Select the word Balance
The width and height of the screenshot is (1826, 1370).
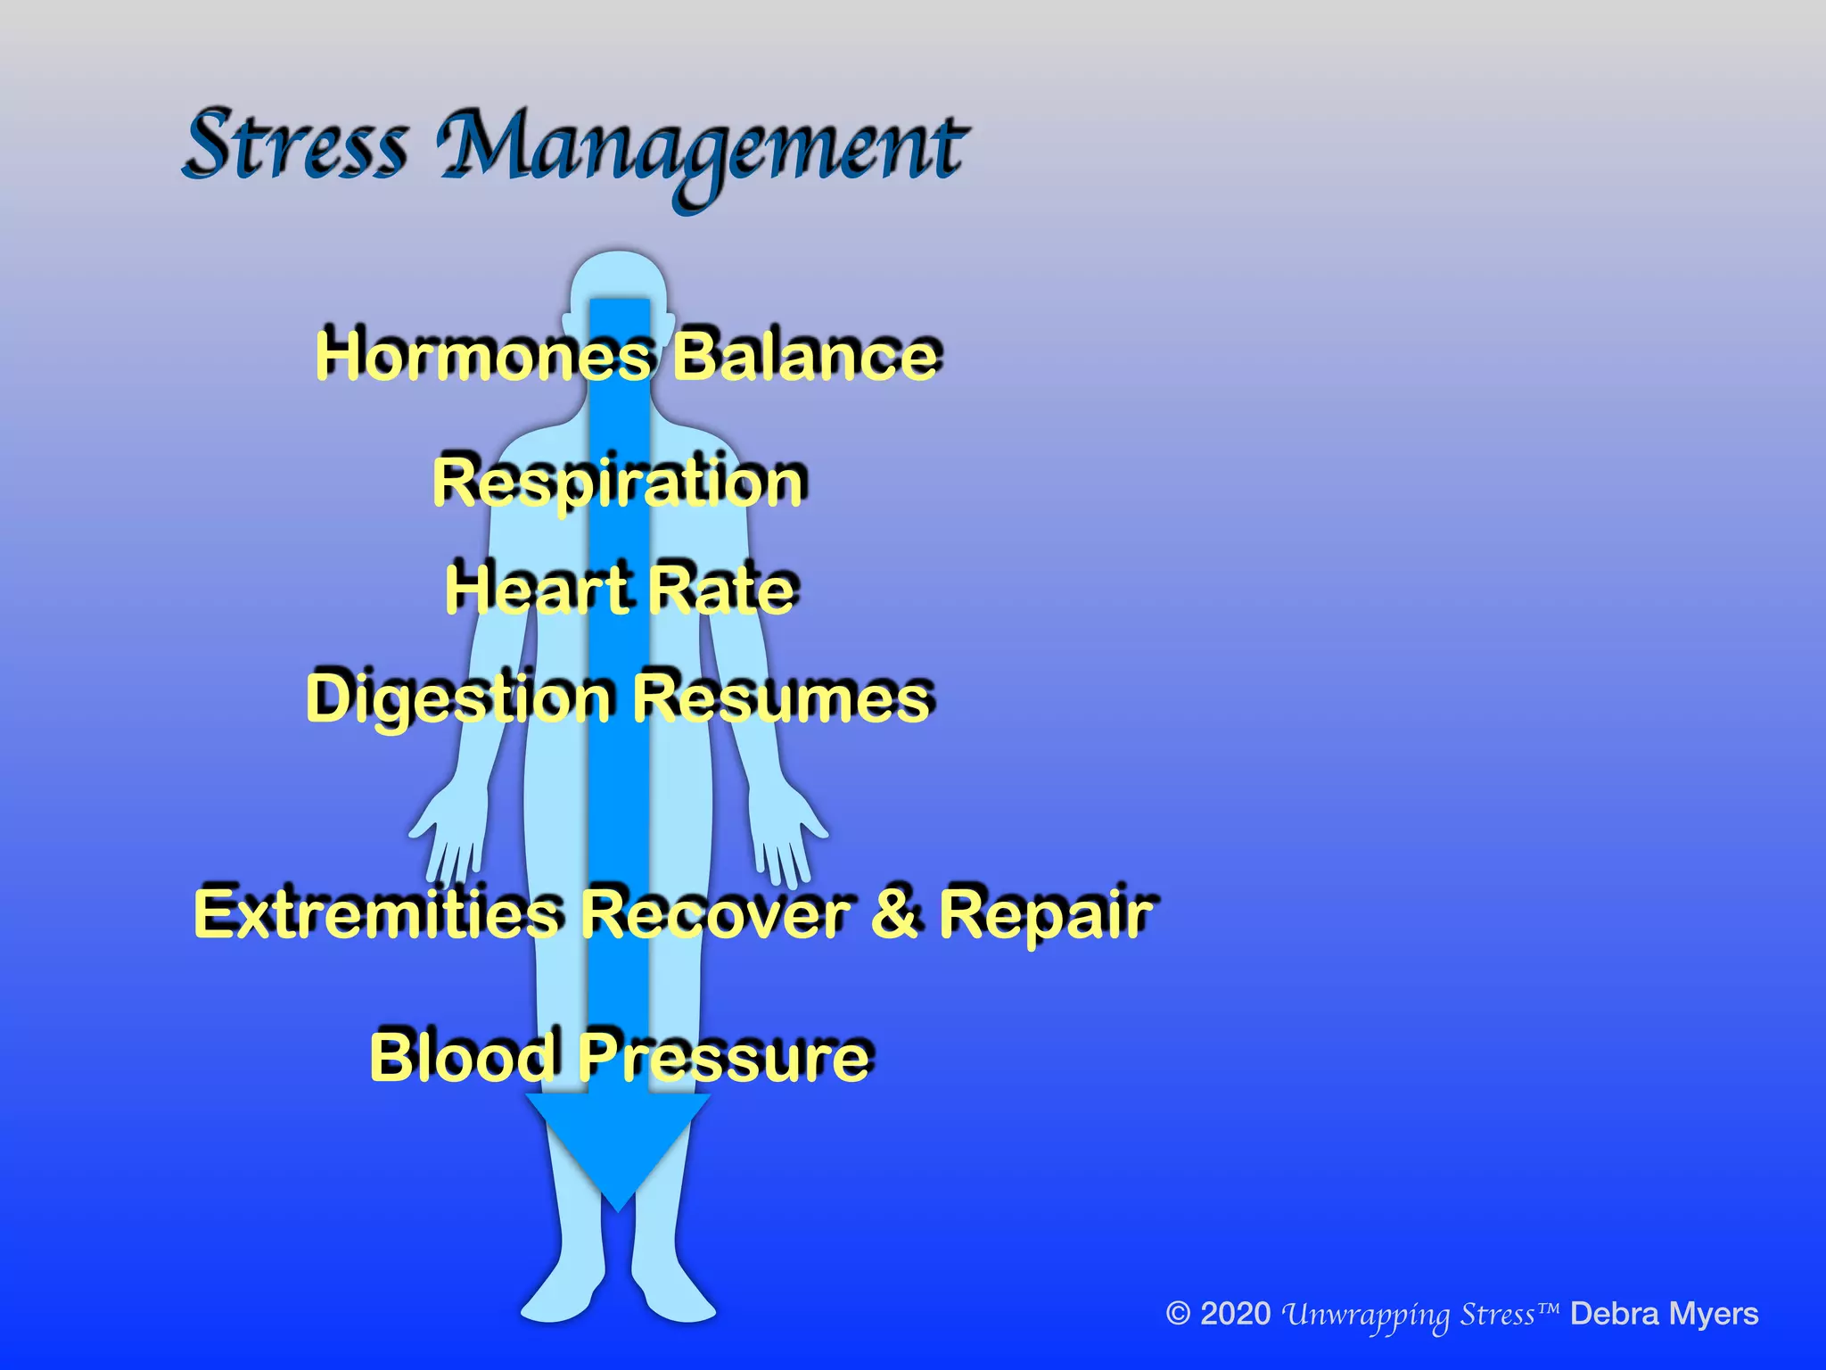(x=804, y=356)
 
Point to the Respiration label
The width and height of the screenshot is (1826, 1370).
(x=619, y=483)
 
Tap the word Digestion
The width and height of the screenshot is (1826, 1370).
(x=460, y=698)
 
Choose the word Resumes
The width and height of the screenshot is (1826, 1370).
(x=782, y=698)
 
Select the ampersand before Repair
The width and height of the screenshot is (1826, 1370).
(x=894, y=913)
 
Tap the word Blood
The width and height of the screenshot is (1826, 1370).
(x=465, y=1057)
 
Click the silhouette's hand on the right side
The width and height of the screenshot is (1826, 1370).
(x=785, y=825)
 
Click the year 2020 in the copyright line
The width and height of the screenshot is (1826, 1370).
(x=1235, y=1314)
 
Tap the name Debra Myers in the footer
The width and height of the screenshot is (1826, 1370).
(x=1664, y=1314)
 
